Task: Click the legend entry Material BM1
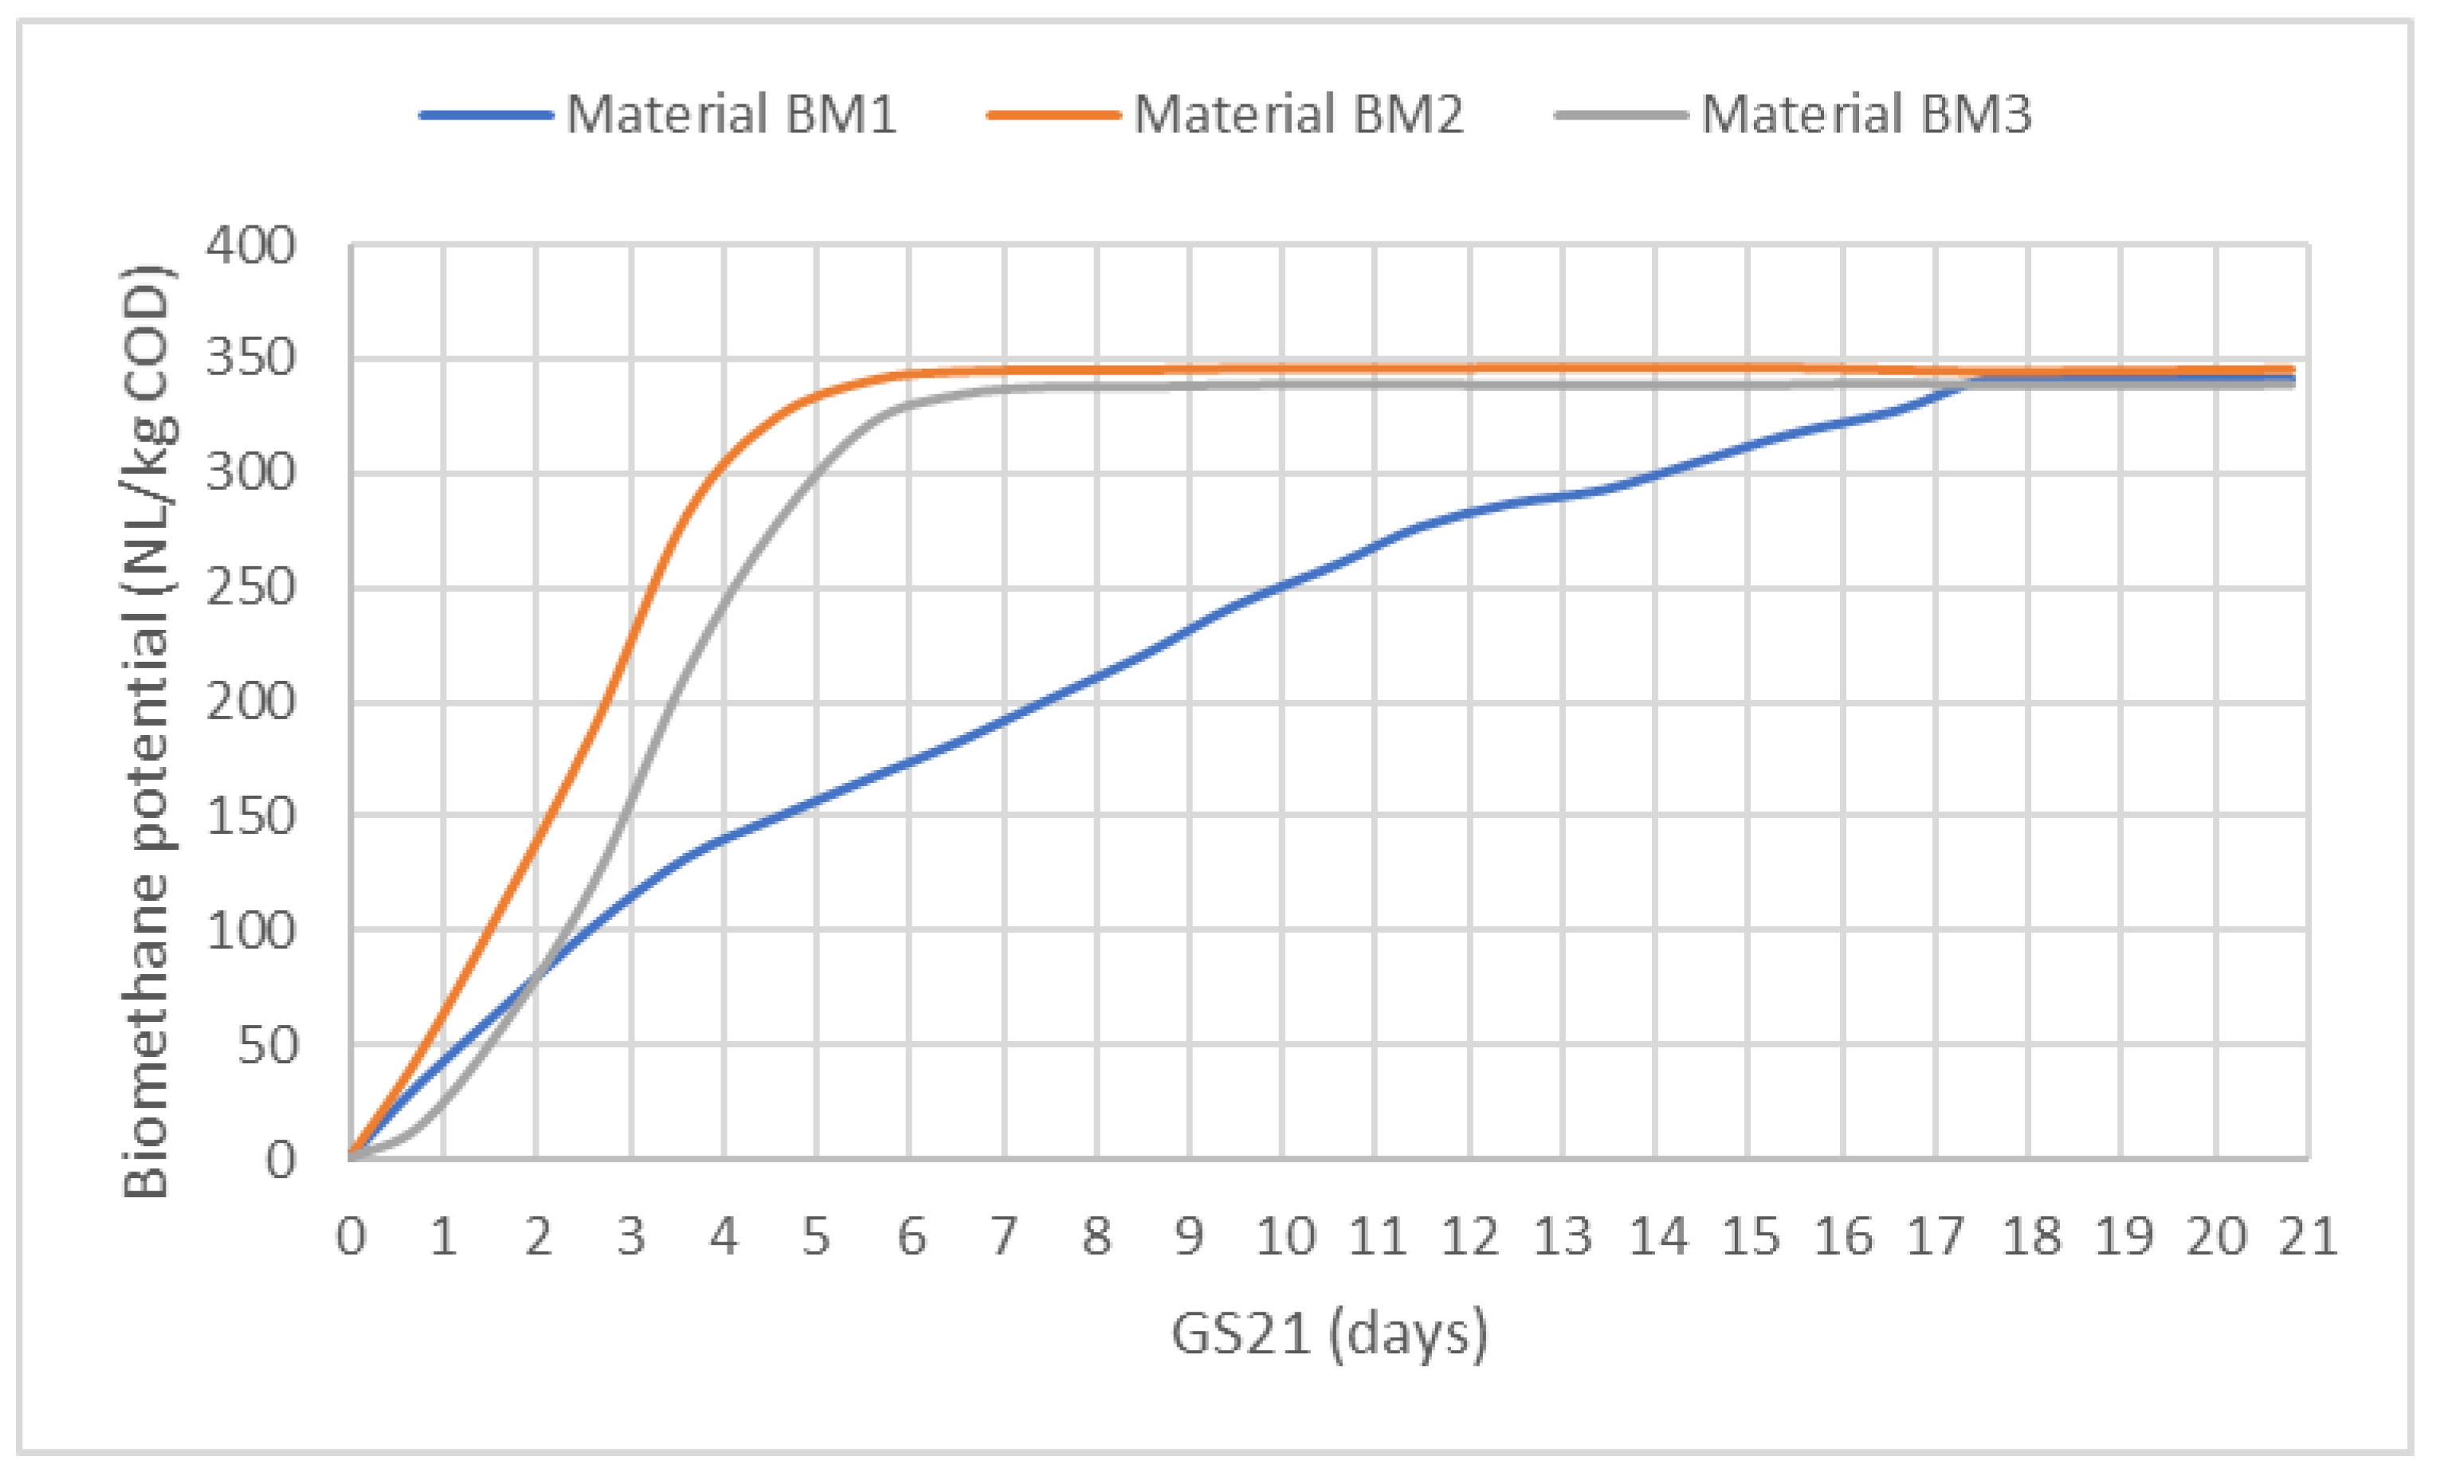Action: (731, 114)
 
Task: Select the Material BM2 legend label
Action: (1298, 114)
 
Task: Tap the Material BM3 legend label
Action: (1865, 114)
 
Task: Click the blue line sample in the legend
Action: (485, 115)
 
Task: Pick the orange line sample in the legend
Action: (1053, 115)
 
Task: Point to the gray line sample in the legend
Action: (1620, 115)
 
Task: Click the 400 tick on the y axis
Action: (250, 245)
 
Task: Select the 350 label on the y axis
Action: (250, 358)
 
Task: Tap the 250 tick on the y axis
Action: (250, 588)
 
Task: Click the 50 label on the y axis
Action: (268, 1046)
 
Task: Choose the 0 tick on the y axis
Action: (280, 1160)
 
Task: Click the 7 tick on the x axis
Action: (1004, 1236)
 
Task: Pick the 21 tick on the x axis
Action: (2307, 1236)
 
